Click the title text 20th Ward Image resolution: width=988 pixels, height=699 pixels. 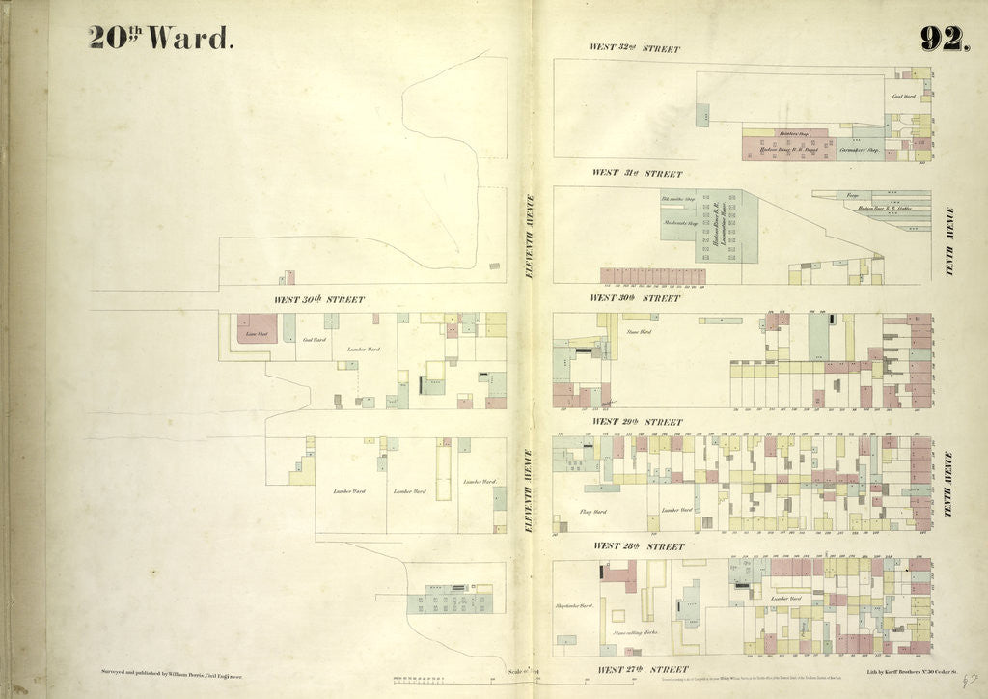pyautogui.click(x=160, y=37)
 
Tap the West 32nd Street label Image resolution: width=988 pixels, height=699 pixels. pyautogui.click(x=635, y=48)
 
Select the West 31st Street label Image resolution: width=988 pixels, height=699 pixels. pyautogui.click(x=637, y=174)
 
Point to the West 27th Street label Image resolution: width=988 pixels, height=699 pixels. pyautogui.click(x=642, y=669)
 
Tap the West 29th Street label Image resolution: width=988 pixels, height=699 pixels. pyautogui.click(x=637, y=422)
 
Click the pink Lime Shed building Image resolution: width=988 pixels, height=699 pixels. pyautogui.click(x=257, y=328)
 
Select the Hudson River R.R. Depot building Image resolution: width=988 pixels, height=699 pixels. pyautogui.click(x=777, y=151)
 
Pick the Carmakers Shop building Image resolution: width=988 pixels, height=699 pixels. pyautogui.click(x=858, y=151)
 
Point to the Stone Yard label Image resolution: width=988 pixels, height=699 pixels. pyautogui.click(x=640, y=332)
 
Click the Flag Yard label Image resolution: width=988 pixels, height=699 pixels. pyautogui.click(x=592, y=512)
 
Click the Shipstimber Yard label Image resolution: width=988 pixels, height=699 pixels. pyautogui.click(x=573, y=607)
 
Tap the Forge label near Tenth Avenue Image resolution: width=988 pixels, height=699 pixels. pyautogui.click(x=852, y=196)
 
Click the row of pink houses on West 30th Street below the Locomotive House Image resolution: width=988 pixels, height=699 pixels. pyautogui.click(x=652, y=276)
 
